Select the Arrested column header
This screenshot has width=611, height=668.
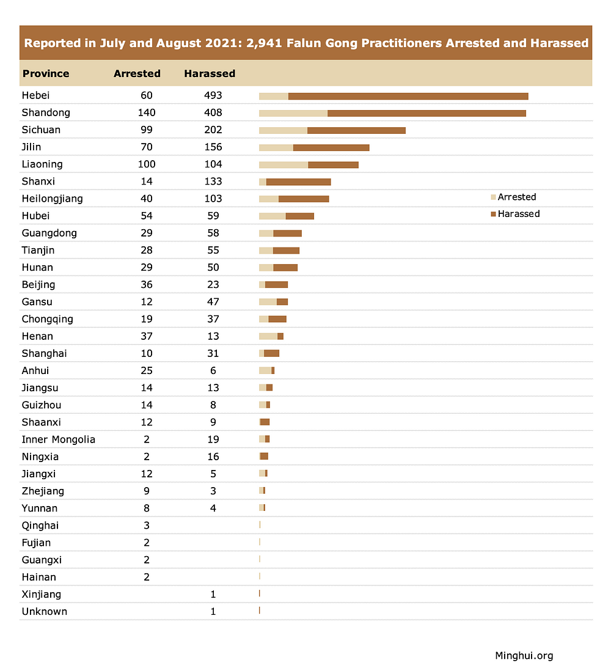tap(137, 73)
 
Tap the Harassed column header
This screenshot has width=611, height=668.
tap(210, 73)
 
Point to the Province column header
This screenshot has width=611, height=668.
tap(46, 73)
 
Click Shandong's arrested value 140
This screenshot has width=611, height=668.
tap(147, 112)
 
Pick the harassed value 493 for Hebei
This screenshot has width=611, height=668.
tap(213, 95)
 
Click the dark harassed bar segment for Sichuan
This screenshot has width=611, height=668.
tap(356, 130)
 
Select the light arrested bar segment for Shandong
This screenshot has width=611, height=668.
tap(293, 113)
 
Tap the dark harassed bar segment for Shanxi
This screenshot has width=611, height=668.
tap(298, 182)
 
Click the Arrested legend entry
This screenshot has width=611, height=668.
tap(516, 197)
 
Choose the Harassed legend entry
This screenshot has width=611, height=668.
tap(518, 214)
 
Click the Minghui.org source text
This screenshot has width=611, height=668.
tap(524, 655)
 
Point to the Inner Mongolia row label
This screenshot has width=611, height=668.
tap(58, 439)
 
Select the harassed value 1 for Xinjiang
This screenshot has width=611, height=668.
tap(213, 594)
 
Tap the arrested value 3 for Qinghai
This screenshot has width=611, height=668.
tap(147, 526)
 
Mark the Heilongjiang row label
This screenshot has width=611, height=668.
tap(52, 199)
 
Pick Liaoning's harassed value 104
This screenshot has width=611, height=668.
tap(213, 164)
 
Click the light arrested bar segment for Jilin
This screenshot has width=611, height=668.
tap(276, 147)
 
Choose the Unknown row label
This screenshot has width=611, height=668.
tap(44, 611)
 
